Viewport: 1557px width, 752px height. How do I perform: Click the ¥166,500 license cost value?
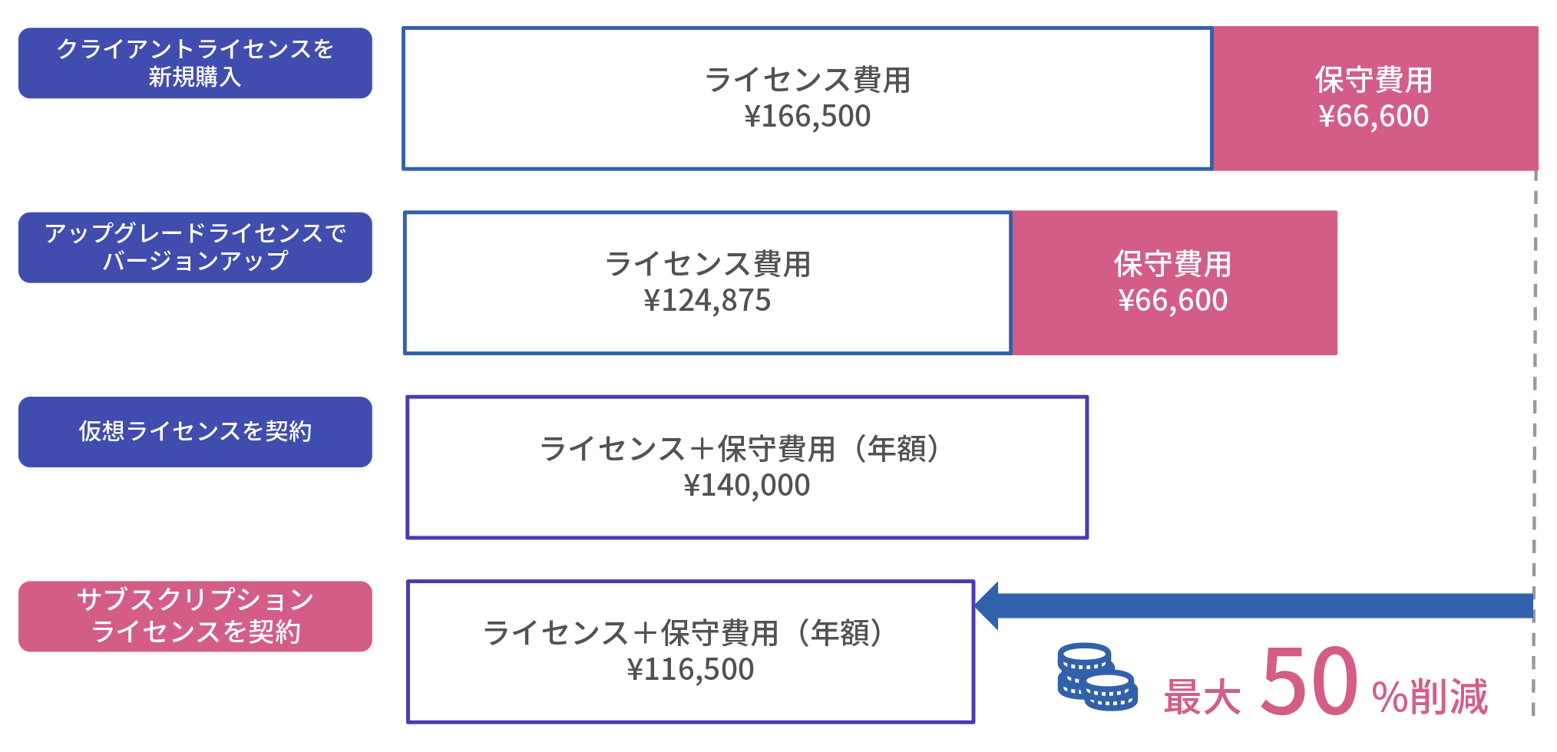(x=807, y=117)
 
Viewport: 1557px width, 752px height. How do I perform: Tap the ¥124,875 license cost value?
(x=707, y=301)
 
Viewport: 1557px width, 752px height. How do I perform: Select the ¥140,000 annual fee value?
(x=746, y=486)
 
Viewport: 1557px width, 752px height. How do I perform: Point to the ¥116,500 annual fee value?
(x=690, y=670)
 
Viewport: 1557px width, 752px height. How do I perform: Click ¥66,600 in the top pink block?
(x=1374, y=117)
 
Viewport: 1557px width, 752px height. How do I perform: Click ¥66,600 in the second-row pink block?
(x=1173, y=301)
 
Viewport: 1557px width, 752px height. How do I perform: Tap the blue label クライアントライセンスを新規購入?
(x=195, y=63)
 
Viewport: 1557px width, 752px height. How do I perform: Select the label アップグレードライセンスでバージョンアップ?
(x=195, y=247)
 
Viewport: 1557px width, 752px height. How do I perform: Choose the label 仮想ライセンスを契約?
(x=195, y=431)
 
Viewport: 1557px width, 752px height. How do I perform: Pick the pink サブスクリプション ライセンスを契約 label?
(x=195, y=616)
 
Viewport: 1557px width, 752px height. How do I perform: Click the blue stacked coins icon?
(x=1096, y=677)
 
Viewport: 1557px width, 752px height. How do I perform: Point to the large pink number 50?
(x=1309, y=681)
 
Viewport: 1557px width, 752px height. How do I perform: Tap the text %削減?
(x=1430, y=697)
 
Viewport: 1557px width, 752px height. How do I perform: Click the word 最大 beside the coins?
(x=1202, y=697)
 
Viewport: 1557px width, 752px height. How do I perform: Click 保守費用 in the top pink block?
(x=1374, y=80)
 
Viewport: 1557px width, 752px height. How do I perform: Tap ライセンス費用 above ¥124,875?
(x=707, y=264)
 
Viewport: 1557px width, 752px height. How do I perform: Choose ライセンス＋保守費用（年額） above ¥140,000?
(x=740, y=449)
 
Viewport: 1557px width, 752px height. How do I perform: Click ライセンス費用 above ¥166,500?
(x=807, y=80)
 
